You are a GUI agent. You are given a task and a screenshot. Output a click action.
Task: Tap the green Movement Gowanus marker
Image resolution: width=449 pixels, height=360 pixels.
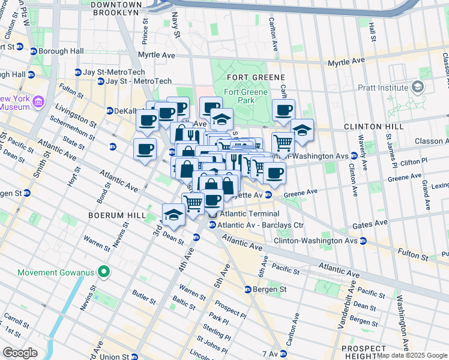pyautogui.click(x=103, y=272)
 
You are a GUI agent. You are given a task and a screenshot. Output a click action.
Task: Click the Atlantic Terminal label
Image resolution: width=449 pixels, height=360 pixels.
pyautogui.click(x=249, y=214)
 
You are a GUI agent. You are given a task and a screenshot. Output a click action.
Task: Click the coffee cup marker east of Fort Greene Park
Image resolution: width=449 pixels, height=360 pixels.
pyautogui.click(x=283, y=110)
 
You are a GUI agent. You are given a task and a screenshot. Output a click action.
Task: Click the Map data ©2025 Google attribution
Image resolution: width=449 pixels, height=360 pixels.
pyautogui.click(x=412, y=355)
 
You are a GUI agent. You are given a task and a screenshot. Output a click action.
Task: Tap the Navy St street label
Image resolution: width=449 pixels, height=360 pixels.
pyautogui.click(x=176, y=23)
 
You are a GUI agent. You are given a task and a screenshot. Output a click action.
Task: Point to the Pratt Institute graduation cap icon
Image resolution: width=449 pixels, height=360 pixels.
pyautogui.click(x=417, y=88)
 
